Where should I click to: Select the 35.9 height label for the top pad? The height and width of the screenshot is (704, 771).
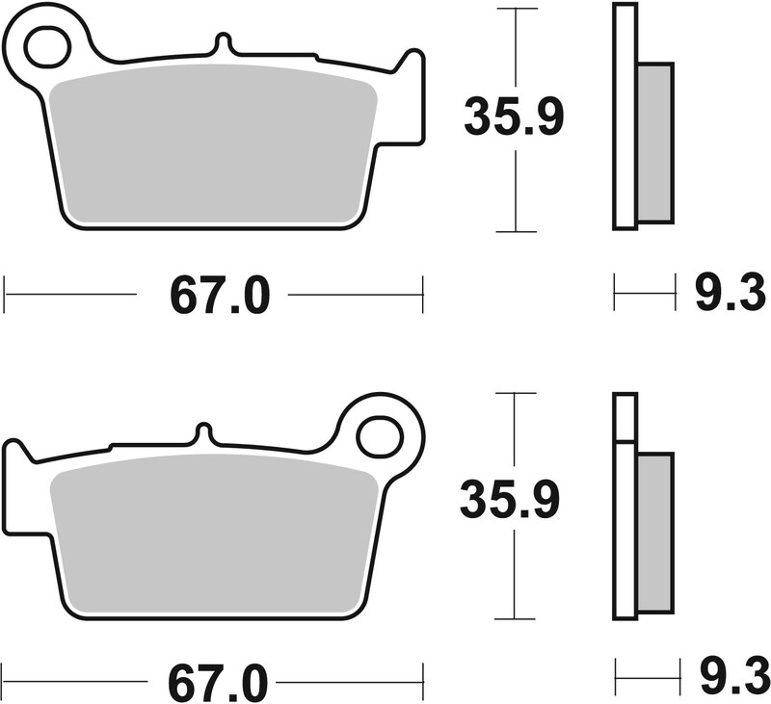coord(514,117)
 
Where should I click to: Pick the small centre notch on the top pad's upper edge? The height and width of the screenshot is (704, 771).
coord(223,44)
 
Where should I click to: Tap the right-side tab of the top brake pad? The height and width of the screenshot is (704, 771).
coord(412,96)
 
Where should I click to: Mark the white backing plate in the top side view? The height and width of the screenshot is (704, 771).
coord(625,116)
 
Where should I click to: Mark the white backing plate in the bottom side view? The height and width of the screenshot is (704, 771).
coord(625,520)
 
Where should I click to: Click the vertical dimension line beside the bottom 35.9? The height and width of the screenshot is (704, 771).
coord(513,578)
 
